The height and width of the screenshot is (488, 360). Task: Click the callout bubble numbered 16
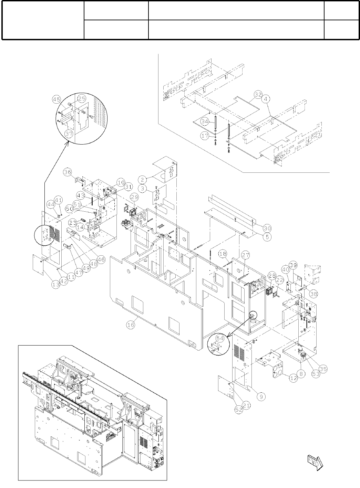130,325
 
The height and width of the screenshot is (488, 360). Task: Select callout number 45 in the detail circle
56,99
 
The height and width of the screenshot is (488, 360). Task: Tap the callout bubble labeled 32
258,94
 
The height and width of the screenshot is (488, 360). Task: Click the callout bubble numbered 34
205,121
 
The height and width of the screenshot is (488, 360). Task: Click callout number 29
134,197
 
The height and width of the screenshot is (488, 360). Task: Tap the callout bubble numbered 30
267,228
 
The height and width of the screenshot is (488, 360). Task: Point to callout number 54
219,338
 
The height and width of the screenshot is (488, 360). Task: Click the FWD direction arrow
315,462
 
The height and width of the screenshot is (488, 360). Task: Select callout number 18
223,254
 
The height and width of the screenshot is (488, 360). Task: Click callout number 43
80,195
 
